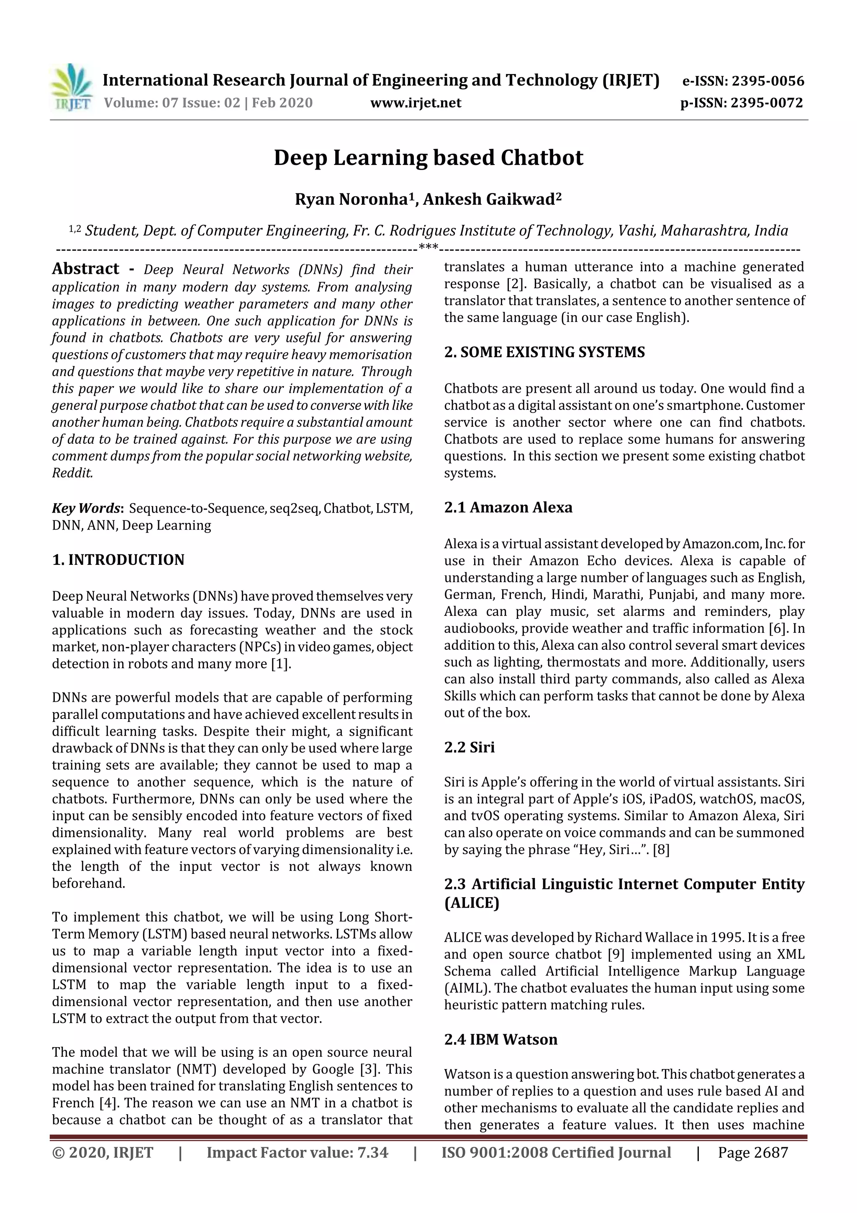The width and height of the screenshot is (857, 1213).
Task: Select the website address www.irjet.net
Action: [416, 103]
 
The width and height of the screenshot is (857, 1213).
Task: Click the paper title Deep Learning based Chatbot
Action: [428, 158]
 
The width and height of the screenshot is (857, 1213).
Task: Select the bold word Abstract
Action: [85, 269]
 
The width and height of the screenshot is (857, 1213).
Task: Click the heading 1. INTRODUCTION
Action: [118, 560]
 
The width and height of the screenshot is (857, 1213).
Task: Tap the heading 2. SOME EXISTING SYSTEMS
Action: [544, 353]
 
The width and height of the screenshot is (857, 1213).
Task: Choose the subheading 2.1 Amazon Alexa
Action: [508, 508]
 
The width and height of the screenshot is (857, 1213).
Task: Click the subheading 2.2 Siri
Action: [469, 747]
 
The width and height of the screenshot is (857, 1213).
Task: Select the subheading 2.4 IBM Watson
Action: [500, 1040]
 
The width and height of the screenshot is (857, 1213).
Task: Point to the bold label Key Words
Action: [87, 509]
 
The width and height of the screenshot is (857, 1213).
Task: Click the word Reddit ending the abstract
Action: [72, 474]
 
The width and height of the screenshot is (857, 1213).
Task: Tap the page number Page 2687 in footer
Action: [752, 1153]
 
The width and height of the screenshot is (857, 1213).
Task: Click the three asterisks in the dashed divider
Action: [428, 247]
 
